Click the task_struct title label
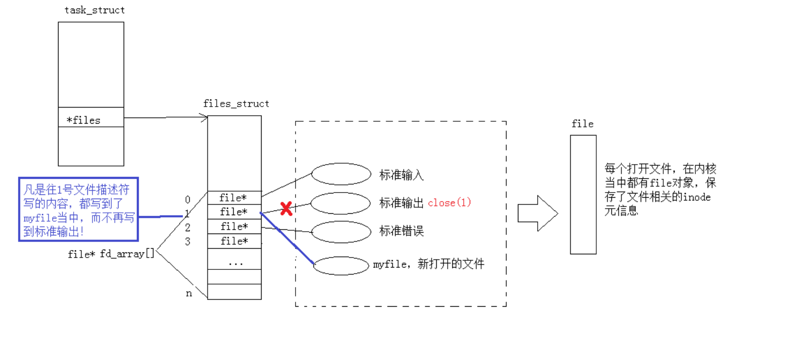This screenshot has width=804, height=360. [94, 10]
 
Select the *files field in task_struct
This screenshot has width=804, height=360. [84, 120]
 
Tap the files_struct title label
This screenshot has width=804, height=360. [236, 104]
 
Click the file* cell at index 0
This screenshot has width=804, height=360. [234, 198]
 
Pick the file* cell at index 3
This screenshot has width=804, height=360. [234, 241]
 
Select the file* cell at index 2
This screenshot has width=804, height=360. [234, 226]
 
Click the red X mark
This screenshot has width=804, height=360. [286, 208]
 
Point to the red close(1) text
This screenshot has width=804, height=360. [449, 203]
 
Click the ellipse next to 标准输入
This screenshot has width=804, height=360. [341, 174]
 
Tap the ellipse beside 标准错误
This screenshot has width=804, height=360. [341, 232]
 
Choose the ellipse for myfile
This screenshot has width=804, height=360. [341, 266]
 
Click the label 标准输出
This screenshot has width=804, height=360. [401, 203]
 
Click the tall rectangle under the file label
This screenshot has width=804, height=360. [583, 194]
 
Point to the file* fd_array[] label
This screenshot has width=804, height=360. [111, 254]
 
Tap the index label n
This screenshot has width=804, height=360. [189, 293]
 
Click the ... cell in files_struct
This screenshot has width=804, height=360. [235, 262]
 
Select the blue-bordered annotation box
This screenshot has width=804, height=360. [78, 209]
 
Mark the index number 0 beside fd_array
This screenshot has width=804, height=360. [187, 200]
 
